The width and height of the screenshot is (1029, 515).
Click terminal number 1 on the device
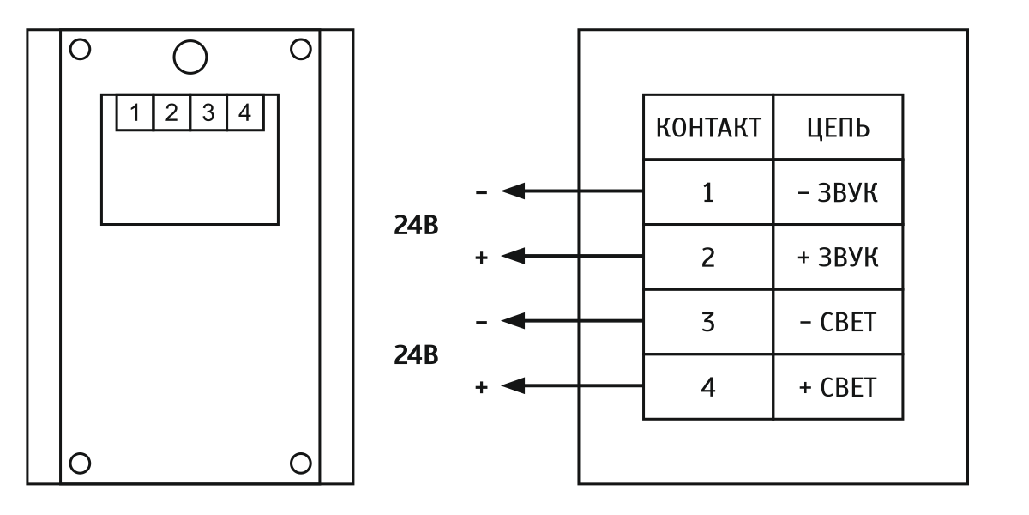[135, 112]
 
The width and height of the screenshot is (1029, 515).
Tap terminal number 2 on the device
[171, 112]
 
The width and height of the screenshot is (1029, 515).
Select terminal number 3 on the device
[208, 112]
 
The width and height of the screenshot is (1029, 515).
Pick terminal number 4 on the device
[245, 112]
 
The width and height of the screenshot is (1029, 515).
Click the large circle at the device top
[190, 57]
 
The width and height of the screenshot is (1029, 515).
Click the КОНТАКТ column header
[707, 129]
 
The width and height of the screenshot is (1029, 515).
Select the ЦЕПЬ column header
[839, 129]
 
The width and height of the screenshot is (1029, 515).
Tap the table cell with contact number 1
[708, 192]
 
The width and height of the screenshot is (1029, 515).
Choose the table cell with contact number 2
[708, 257]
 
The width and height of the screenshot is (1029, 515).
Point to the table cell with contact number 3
[708, 322]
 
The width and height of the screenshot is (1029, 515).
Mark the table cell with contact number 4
[708, 387]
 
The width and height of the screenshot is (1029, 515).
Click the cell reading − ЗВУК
[839, 192]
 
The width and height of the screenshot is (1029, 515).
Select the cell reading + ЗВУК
[839, 257]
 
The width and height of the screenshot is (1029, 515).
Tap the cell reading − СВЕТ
[839, 322]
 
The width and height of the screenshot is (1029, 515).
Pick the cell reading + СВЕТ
[839, 387]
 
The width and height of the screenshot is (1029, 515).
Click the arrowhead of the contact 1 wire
[512, 191]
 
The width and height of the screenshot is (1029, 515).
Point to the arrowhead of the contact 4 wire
[512, 386]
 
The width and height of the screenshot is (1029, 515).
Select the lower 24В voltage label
[418, 354]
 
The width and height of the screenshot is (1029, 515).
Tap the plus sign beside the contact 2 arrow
[481, 257]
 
